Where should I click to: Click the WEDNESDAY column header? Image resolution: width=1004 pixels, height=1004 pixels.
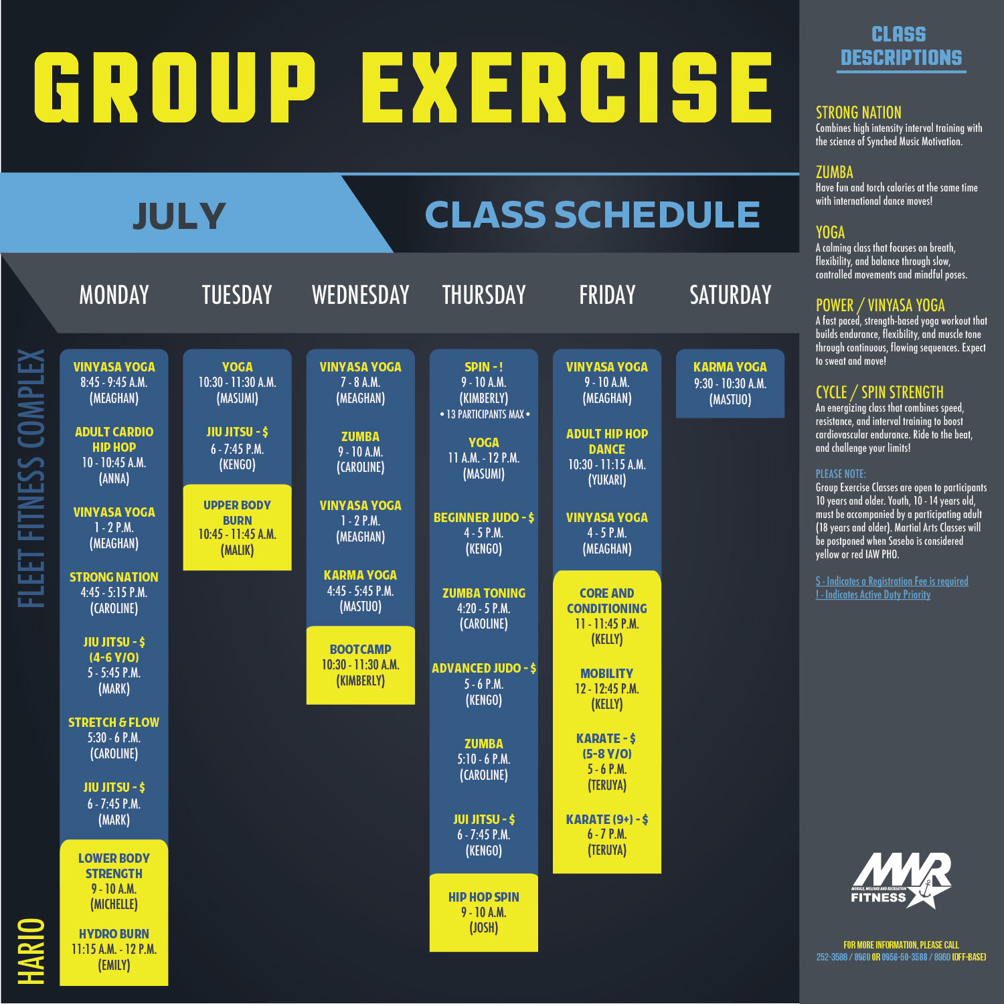click(x=361, y=295)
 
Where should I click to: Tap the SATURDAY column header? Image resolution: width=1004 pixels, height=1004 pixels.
click(x=730, y=295)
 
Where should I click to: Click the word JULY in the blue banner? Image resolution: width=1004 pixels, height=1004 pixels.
click(x=179, y=216)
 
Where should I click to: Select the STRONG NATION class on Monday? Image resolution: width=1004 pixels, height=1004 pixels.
click(x=114, y=577)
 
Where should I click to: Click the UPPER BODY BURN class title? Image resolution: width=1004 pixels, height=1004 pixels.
click(x=237, y=513)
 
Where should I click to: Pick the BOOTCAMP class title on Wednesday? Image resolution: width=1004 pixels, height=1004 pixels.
click(x=360, y=649)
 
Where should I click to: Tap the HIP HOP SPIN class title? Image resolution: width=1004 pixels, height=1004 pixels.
click(x=484, y=897)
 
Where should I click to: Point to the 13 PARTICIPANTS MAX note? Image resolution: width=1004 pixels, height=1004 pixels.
click(x=485, y=414)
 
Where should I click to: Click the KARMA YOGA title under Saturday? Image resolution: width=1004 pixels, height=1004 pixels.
click(x=730, y=367)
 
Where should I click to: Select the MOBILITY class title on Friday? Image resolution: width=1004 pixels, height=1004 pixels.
click(x=606, y=673)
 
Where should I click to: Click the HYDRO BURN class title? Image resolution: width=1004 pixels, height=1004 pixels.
click(x=114, y=934)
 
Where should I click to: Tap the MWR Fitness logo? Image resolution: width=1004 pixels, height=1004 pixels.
click(x=901, y=880)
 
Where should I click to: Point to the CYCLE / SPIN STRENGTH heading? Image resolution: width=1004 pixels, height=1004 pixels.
click(x=880, y=392)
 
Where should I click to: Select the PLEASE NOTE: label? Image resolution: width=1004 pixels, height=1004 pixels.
click(x=841, y=474)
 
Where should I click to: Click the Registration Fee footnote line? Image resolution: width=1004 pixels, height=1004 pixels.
click(x=892, y=581)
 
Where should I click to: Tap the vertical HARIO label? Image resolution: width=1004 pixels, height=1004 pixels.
click(x=31, y=951)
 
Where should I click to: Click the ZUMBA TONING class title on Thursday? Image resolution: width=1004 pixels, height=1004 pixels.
click(x=484, y=593)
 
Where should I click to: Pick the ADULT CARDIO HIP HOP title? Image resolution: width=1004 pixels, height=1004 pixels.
click(x=114, y=440)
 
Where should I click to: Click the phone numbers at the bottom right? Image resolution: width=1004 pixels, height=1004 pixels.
click(x=901, y=957)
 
